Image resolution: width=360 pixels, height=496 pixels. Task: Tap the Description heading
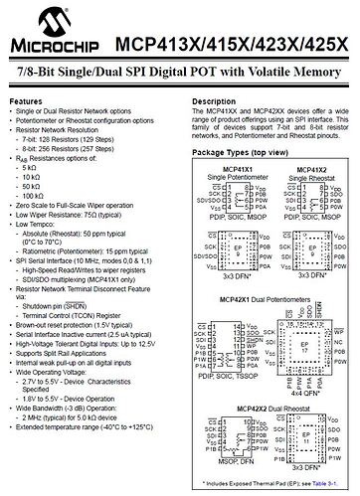213,102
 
